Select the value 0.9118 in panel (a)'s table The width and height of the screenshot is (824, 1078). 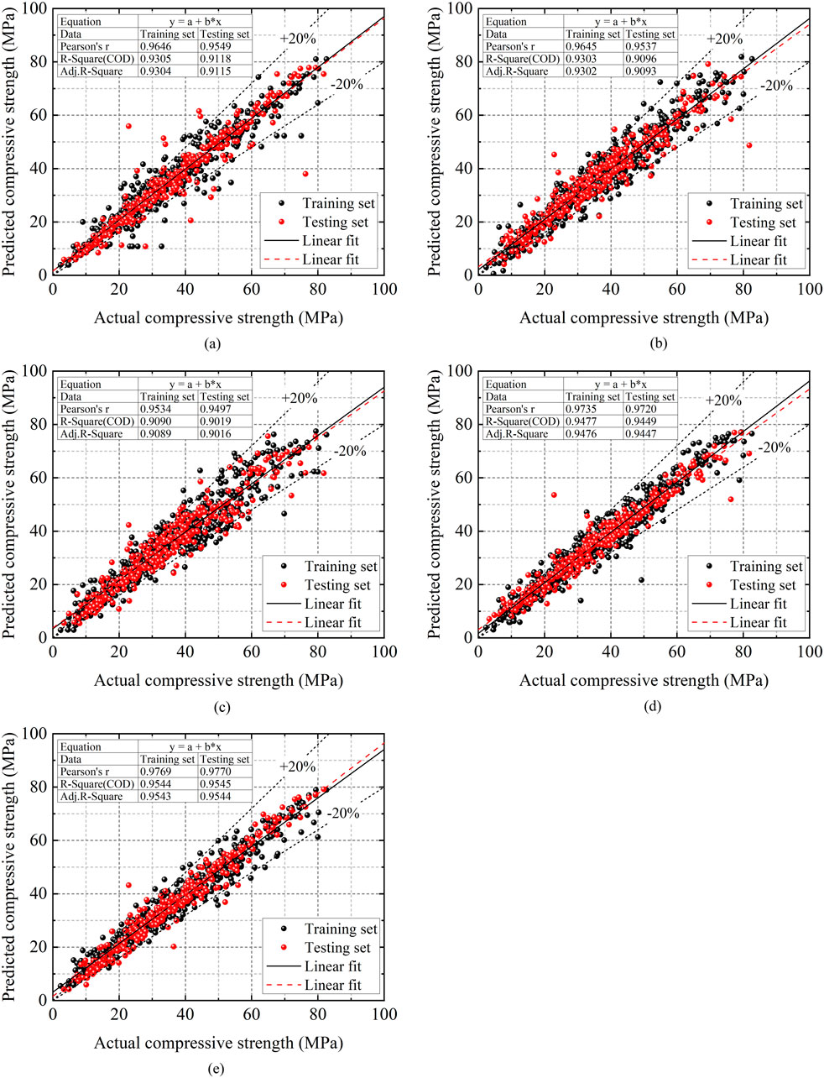click(224, 60)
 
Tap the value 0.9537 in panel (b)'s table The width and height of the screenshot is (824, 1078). click(649, 47)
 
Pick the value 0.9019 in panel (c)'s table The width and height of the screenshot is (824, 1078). click(224, 422)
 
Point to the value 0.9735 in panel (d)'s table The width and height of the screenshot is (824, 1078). click(592, 410)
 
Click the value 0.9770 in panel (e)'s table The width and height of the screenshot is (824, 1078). click(224, 772)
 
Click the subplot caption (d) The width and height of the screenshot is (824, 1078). click(644, 706)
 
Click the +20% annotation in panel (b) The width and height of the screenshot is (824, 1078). click(724, 39)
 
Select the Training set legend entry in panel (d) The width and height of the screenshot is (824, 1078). click(765, 567)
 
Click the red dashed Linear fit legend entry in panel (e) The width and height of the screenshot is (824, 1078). click(332, 985)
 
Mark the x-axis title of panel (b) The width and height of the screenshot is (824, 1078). click(644, 318)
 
